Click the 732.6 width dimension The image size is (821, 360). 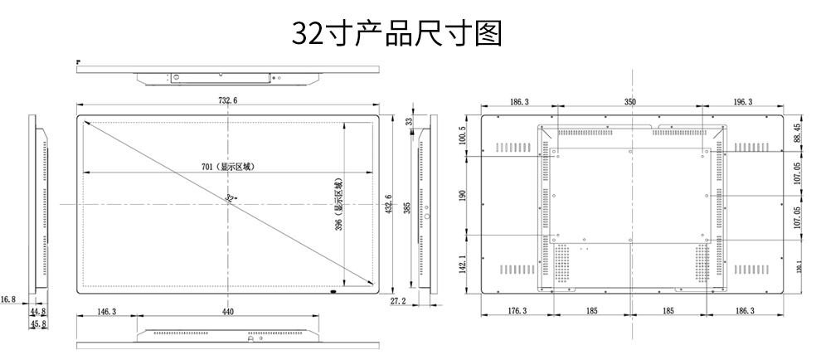228,101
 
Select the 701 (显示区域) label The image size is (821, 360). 228,167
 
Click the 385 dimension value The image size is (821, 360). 407,205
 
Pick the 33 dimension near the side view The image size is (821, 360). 408,121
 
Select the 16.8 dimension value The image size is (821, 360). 8,299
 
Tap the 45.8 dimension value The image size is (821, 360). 37,324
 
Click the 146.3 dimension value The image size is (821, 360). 107,312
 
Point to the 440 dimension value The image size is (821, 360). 228,312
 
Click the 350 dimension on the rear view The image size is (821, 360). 630,102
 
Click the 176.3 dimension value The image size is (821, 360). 516,311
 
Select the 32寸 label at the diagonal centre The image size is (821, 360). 230,197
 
